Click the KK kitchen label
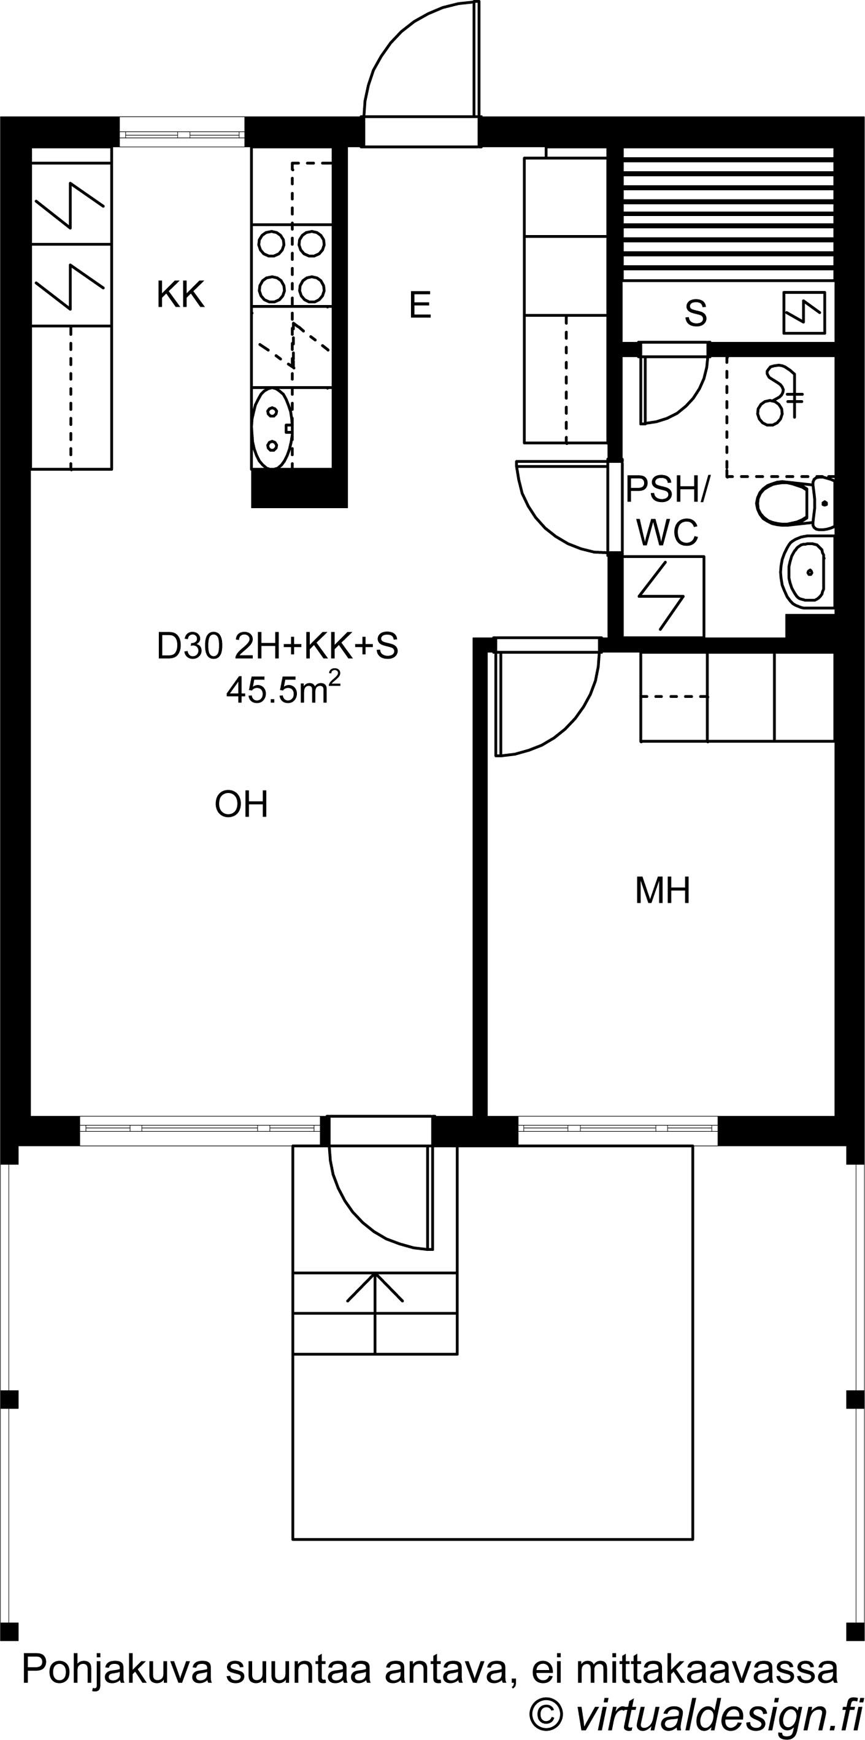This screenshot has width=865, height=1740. point(180,295)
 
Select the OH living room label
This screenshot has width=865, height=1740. point(241,805)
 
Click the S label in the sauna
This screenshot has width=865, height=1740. point(696,313)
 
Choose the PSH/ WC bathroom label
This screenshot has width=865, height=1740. point(666,511)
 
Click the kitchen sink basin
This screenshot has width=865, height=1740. point(272,428)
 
